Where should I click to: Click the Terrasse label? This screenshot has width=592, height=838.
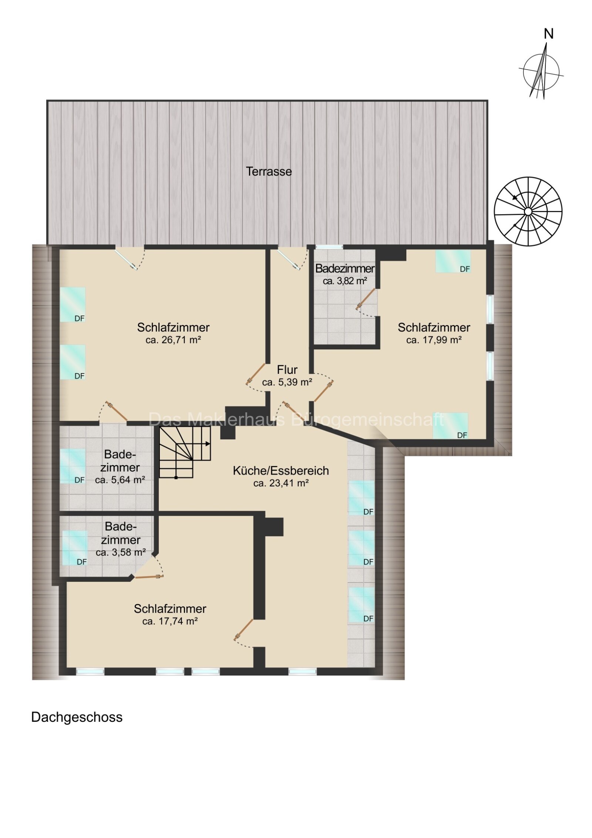point(269,171)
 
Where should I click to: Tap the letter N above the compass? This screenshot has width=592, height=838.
point(548,34)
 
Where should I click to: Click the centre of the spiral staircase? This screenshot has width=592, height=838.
point(528,211)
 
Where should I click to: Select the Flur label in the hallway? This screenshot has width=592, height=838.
point(287,369)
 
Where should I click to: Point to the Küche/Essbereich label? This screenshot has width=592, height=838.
point(281,470)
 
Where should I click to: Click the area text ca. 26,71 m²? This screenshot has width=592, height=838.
point(173,340)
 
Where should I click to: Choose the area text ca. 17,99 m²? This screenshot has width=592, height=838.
point(434,340)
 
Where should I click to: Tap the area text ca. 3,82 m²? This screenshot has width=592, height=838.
point(345,281)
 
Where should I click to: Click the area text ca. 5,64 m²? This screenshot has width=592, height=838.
point(120,480)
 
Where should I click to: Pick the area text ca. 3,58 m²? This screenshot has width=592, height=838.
point(121,553)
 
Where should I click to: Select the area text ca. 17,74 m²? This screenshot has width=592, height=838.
point(170,621)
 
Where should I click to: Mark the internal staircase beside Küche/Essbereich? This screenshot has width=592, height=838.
point(185,452)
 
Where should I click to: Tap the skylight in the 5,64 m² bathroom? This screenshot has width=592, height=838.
point(73,466)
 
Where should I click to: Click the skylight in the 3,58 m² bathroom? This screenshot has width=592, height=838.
point(75,548)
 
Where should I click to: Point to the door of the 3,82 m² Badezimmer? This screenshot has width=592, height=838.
point(366,299)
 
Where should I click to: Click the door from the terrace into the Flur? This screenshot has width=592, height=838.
point(289,259)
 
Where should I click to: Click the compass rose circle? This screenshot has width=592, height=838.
point(541,71)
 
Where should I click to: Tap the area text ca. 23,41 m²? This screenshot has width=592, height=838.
point(281,483)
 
